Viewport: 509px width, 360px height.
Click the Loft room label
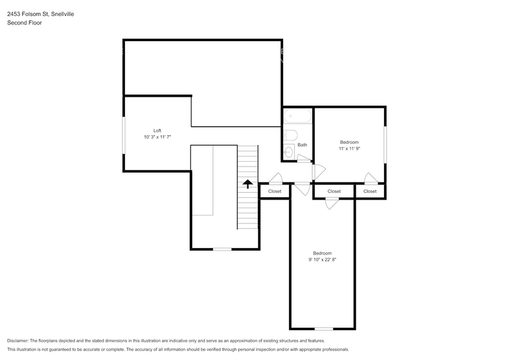(x=157, y=130)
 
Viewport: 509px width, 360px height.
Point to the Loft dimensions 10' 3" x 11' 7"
(x=157, y=137)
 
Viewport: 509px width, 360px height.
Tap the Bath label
(x=302, y=144)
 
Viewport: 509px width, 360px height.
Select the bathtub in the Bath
(x=297, y=116)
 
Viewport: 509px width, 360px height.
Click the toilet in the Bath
(x=290, y=135)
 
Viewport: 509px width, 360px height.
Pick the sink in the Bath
(x=288, y=152)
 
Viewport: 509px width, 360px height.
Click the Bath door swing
(x=304, y=158)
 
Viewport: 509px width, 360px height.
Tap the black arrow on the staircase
(x=247, y=184)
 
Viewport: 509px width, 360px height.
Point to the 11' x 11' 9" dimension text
(x=349, y=149)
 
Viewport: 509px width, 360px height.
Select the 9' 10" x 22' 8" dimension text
(x=322, y=260)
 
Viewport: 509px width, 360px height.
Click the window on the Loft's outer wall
(x=124, y=135)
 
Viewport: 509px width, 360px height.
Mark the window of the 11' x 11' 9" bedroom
(x=385, y=144)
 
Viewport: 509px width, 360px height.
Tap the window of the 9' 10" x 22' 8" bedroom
(x=323, y=329)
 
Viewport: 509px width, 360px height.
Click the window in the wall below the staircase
(x=222, y=249)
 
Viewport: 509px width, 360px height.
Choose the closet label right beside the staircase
(x=274, y=191)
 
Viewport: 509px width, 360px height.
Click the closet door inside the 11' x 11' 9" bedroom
(x=371, y=178)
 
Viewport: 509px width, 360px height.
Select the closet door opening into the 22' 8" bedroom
(x=332, y=203)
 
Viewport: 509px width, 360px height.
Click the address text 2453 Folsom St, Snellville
(x=40, y=14)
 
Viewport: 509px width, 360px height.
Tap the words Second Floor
(x=25, y=23)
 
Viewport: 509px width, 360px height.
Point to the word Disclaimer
(x=18, y=340)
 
